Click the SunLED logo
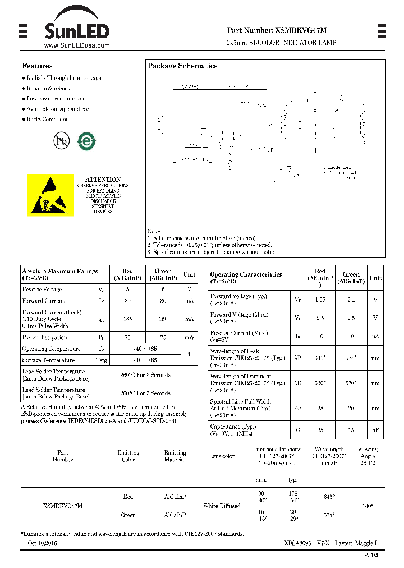(x=76, y=25)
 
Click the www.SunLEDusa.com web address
(x=76, y=45)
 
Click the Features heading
(x=37, y=66)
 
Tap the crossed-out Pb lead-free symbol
(x=60, y=141)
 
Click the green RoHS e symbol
(x=86, y=140)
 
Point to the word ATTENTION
(x=103, y=180)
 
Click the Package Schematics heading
(x=182, y=66)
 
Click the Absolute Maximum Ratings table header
(x=59, y=274)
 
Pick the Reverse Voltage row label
(x=42, y=290)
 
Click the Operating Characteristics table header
(x=246, y=277)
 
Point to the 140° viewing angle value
(x=368, y=506)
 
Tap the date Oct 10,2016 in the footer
(x=42, y=543)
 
